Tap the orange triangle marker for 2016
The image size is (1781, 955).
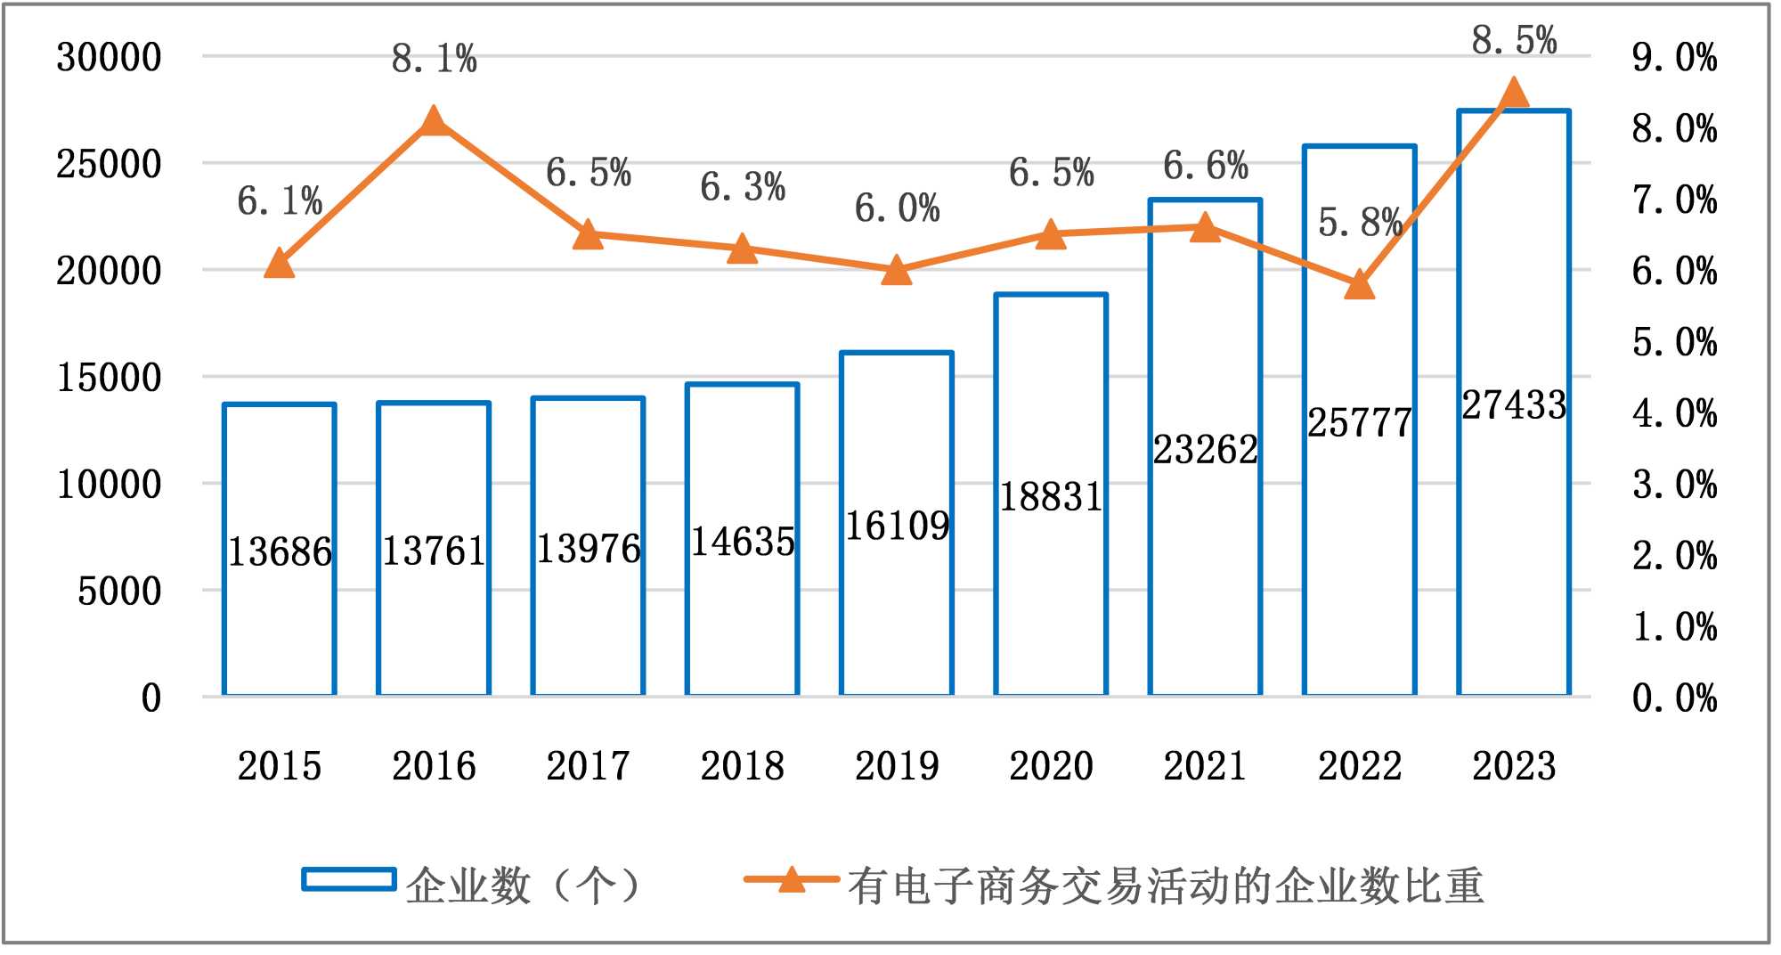click(434, 121)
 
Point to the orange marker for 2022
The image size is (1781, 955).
click(1360, 285)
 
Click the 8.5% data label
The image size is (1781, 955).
click(1514, 41)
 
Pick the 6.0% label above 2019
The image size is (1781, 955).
click(897, 209)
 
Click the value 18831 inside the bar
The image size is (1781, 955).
click(1051, 497)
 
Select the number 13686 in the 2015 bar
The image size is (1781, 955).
click(280, 552)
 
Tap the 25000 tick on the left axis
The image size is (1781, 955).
click(109, 164)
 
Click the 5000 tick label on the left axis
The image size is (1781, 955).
click(119, 592)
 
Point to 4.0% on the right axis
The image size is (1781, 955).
click(1674, 413)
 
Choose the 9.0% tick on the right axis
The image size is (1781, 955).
click(1674, 58)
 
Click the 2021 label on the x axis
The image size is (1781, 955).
click(1205, 766)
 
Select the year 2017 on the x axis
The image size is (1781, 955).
click(588, 766)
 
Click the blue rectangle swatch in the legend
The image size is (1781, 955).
click(349, 880)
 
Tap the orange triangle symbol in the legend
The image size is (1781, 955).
click(791, 880)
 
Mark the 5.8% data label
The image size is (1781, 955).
click(1360, 223)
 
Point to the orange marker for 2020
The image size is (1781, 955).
click(1051, 234)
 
